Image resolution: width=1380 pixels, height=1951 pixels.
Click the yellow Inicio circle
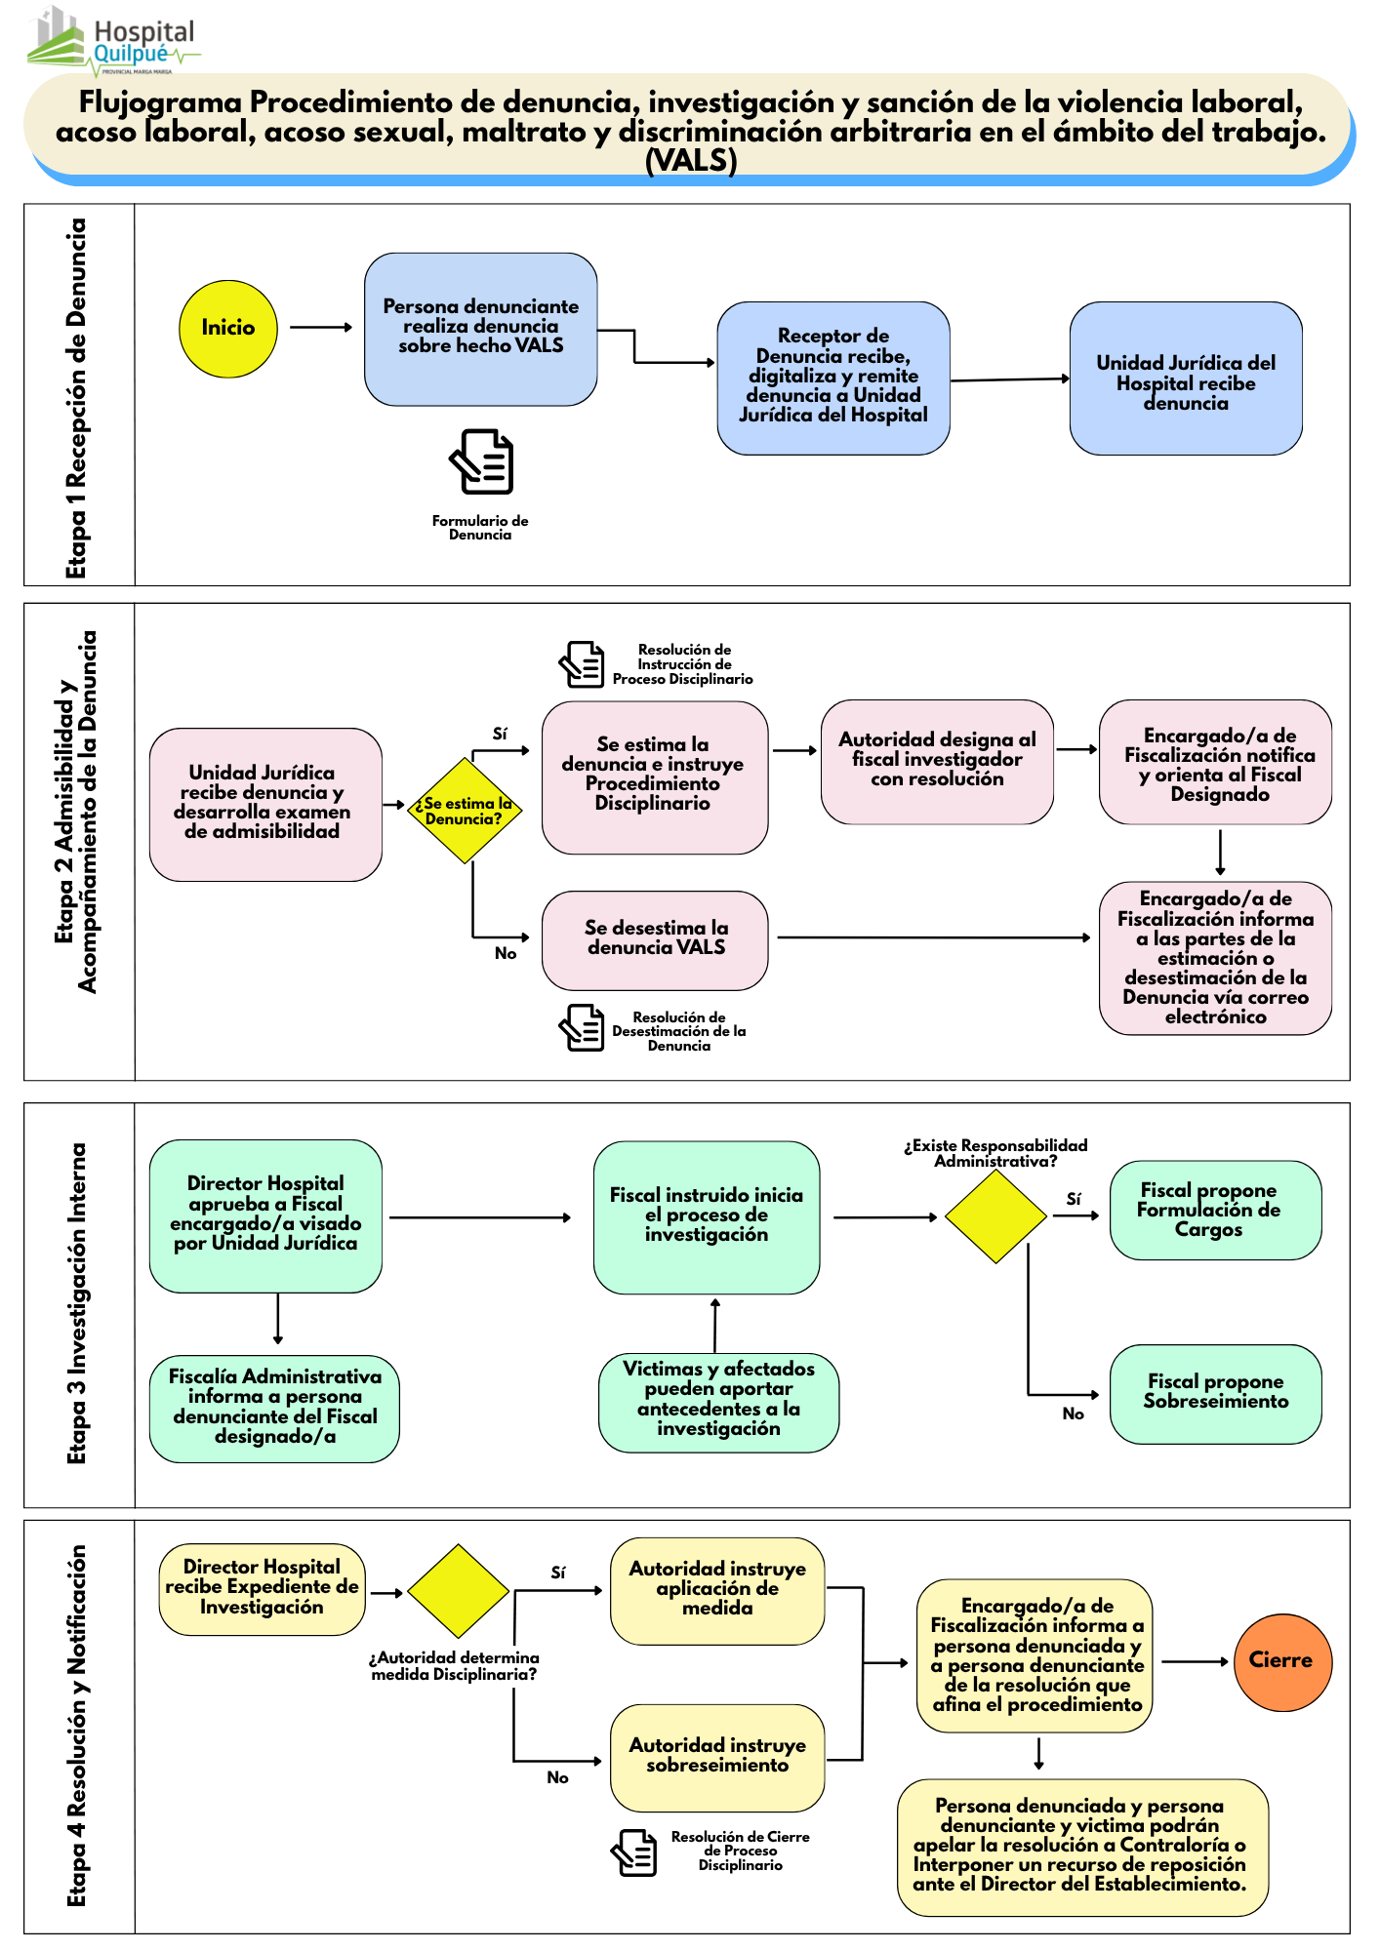click(x=228, y=329)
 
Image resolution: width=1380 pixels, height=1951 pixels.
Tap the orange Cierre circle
click(x=1282, y=1661)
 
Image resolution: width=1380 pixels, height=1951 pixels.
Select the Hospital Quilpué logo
click(x=112, y=44)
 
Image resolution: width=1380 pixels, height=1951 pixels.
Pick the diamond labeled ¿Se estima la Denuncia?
click(x=465, y=811)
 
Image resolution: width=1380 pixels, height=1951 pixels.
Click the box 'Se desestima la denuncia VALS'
click(x=655, y=939)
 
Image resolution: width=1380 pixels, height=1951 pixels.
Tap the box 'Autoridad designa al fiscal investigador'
click(x=937, y=761)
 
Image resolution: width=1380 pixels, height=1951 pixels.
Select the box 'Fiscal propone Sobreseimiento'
click(x=1215, y=1393)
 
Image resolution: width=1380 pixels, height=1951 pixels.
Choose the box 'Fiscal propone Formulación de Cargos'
click(x=1215, y=1210)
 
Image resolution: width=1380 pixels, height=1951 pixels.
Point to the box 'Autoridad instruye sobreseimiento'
click(x=717, y=1757)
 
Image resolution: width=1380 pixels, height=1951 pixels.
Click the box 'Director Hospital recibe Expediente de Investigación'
click(x=262, y=1588)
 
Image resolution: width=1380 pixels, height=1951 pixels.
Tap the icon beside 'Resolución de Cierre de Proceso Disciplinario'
click(x=634, y=1851)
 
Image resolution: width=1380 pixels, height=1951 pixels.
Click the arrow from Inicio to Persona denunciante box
click(x=321, y=328)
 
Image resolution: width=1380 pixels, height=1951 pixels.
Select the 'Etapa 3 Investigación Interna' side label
click(x=77, y=1303)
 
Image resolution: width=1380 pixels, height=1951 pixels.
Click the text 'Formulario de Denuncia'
click(x=480, y=528)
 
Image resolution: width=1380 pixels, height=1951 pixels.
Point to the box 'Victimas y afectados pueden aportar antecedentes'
click(x=718, y=1402)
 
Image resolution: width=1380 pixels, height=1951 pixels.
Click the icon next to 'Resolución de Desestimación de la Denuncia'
click(x=583, y=1028)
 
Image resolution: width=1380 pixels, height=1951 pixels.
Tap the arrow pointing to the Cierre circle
click(x=1195, y=1661)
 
